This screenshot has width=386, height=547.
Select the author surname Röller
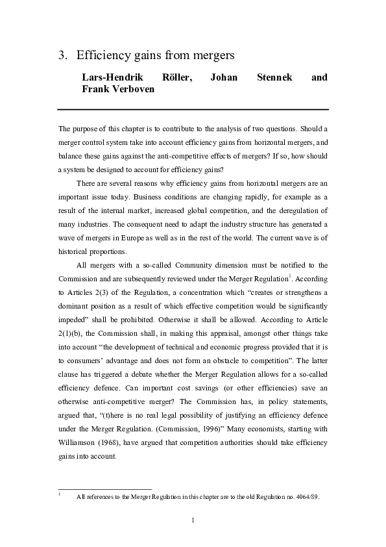point(175,77)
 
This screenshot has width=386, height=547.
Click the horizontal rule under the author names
point(193,108)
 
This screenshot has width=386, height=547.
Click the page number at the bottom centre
point(193,520)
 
